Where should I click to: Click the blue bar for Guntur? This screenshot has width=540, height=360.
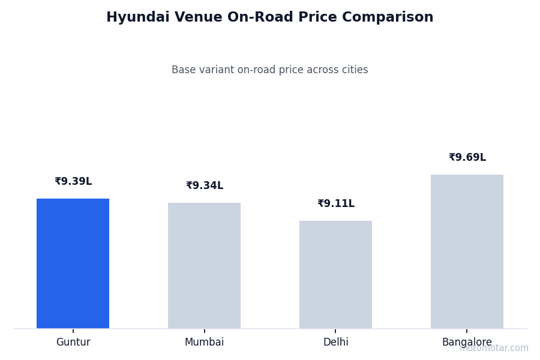tap(73, 263)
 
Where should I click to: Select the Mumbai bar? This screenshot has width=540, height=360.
tap(204, 265)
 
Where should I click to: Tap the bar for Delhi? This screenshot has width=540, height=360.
tap(335, 274)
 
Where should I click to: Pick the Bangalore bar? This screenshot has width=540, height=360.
tap(467, 251)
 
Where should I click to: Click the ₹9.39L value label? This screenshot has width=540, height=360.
tap(73, 182)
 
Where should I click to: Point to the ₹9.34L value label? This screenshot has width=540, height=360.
tap(205, 186)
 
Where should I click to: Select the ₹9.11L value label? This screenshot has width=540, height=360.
tap(336, 204)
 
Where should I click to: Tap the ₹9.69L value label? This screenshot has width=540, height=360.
tap(467, 158)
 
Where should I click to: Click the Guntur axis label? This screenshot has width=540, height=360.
tap(73, 343)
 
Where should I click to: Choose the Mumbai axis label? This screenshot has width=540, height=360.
tap(204, 343)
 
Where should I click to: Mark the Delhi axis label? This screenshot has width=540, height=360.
tap(335, 343)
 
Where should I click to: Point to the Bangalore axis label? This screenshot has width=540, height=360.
tap(467, 343)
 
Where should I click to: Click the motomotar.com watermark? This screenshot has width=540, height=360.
tap(494, 348)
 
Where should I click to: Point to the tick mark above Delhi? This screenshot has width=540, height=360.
tap(335, 330)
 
